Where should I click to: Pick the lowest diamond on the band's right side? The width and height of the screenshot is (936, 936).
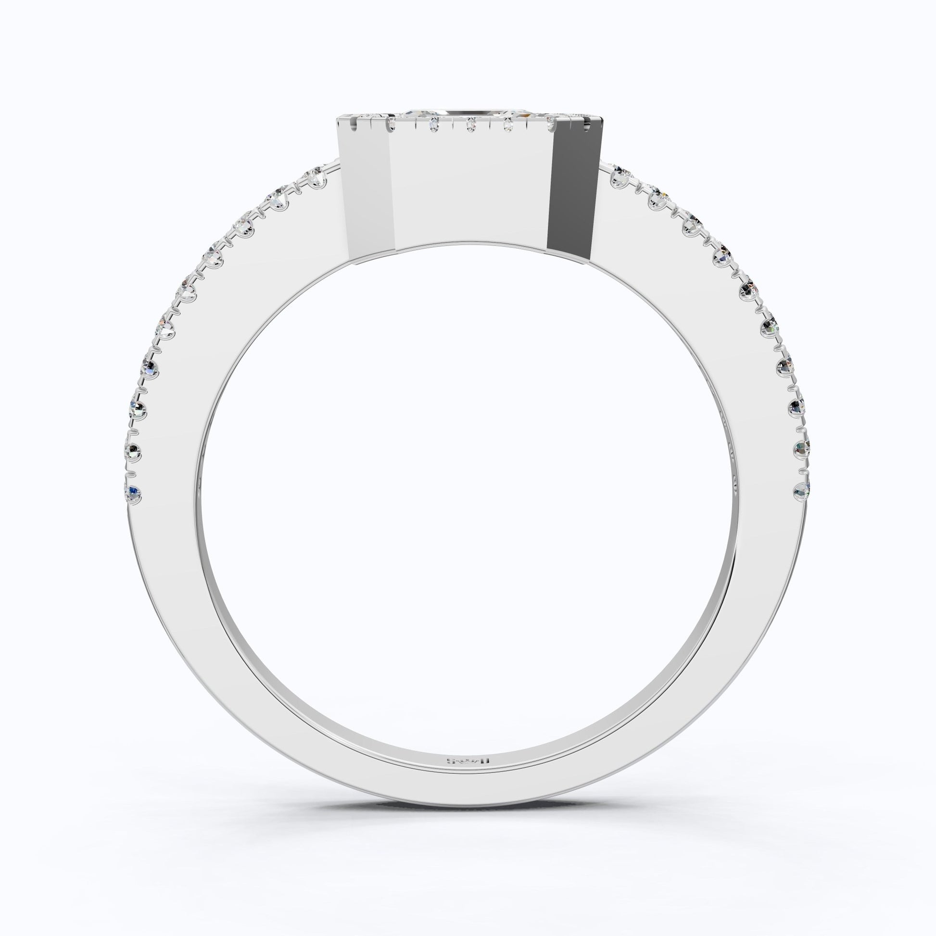point(802,491)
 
